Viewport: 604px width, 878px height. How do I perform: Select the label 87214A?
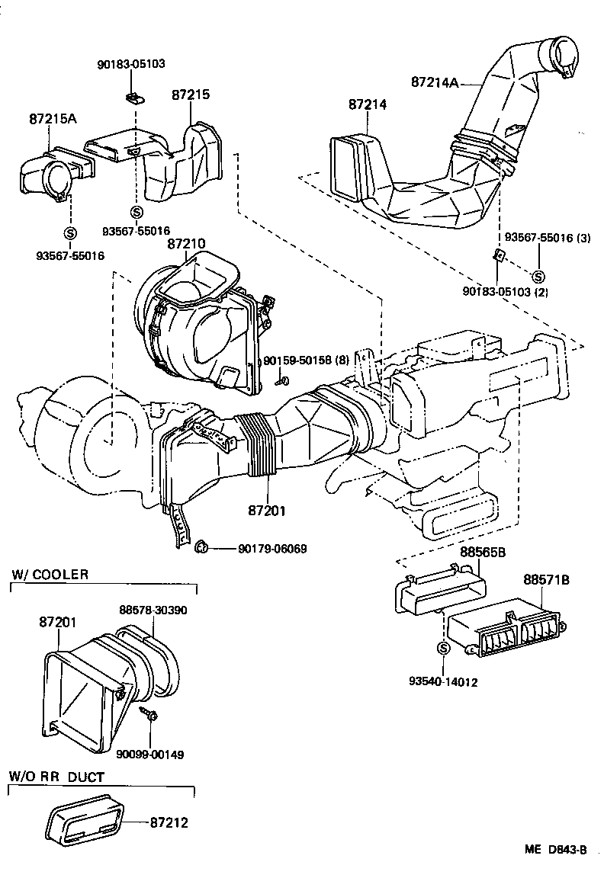coord(435,82)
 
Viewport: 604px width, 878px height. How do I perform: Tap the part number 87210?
coord(186,243)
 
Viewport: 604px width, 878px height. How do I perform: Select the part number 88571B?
coord(546,580)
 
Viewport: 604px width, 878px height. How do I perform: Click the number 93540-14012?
coord(442,682)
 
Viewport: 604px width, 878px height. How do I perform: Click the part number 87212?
coord(169,822)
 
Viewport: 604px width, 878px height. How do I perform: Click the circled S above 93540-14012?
coord(442,648)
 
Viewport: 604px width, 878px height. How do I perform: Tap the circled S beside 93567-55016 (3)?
coord(538,276)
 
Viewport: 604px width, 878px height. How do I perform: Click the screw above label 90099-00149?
coord(149,713)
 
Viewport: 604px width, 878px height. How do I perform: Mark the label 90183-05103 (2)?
coord(505,291)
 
